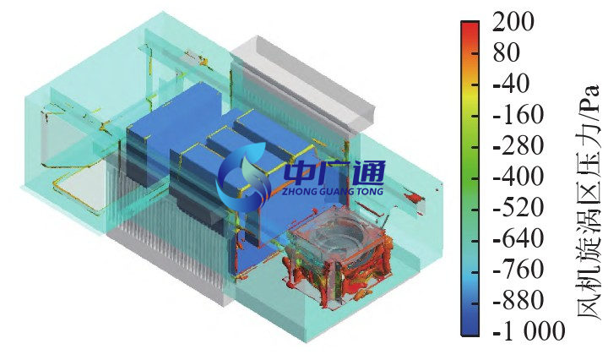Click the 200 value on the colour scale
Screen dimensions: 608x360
tap(513, 21)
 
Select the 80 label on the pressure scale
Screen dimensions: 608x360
tap(506, 52)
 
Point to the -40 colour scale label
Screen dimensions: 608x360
tap(511, 84)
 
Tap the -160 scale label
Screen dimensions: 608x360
tap(518, 115)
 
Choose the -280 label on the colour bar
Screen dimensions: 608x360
tap(518, 146)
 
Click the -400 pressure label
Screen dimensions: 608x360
tap(518, 177)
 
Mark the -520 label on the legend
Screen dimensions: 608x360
tap(518, 208)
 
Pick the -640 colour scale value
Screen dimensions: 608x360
tap(518, 238)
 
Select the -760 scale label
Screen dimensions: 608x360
tap(518, 270)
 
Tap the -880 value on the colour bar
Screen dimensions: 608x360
tap(518, 301)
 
